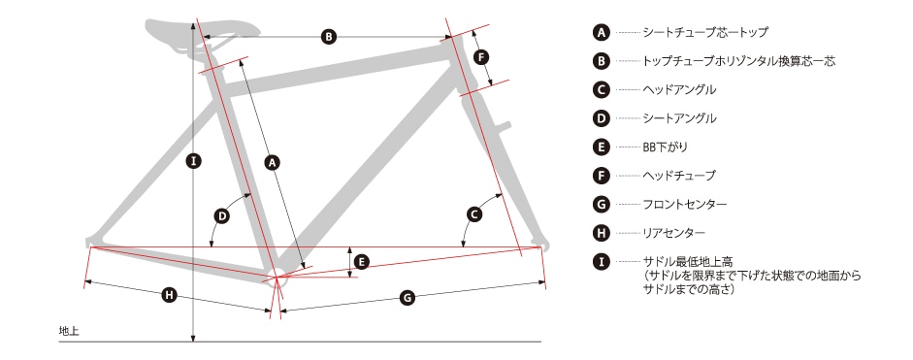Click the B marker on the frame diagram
point(328,37)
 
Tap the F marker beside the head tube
point(481,57)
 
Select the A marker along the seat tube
point(271,162)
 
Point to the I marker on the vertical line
point(194,161)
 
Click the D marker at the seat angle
point(222,216)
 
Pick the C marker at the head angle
point(474,215)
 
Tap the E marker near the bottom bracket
point(362,262)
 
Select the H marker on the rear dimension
point(169,295)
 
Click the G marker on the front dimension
point(408,298)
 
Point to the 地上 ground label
point(69,331)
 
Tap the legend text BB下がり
point(665,147)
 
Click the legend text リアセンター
point(674,233)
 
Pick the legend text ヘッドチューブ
point(679,176)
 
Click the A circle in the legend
point(601,33)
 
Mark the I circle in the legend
point(601,262)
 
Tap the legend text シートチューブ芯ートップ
point(705,33)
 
